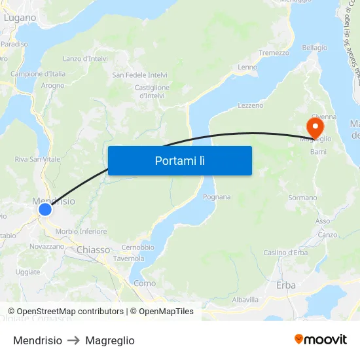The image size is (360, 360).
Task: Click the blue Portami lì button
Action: click(179, 160)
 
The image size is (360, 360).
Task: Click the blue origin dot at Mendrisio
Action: click(45, 209)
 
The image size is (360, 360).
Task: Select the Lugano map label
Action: click(20, 18)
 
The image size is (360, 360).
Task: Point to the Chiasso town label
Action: click(93, 249)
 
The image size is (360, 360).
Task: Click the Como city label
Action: click(145, 283)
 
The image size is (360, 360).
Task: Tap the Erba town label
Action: click(286, 285)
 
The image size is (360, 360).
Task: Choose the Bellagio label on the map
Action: click(314, 48)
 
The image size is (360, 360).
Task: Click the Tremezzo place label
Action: click(274, 53)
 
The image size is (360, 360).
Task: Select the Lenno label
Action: click(247, 67)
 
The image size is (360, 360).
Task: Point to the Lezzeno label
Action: click(250, 105)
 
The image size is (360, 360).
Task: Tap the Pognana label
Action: click(216, 196)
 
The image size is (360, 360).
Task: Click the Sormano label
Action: click(302, 197)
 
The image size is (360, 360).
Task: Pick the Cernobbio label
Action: click(137, 247)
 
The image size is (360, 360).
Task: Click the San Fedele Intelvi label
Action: click(140, 75)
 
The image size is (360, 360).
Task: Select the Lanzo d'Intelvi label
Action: click(85, 58)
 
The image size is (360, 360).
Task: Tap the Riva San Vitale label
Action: click(37, 159)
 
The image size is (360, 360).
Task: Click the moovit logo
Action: click(321, 340)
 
